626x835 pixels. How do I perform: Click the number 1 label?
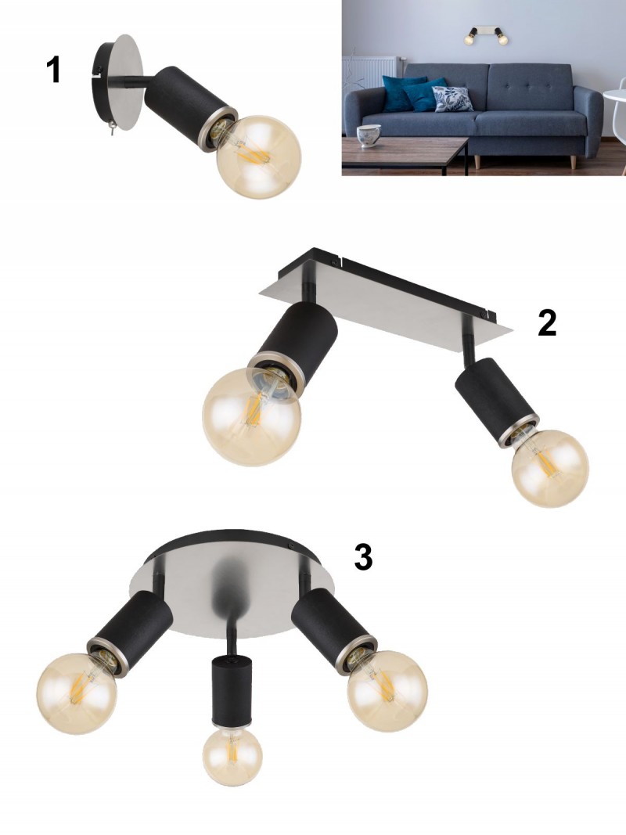53,70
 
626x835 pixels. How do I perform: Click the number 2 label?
547,322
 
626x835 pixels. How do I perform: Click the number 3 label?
364,557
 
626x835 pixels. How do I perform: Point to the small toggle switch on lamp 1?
112,128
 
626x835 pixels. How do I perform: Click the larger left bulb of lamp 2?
252,417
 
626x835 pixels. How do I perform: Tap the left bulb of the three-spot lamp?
77,693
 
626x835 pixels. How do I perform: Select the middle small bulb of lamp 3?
232,756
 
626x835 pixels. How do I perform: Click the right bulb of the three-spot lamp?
387,691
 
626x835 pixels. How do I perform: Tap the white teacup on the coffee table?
369,136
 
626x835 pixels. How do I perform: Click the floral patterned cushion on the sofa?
452,99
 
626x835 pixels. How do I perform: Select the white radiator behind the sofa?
370,74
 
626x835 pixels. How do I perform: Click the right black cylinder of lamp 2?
495,401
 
